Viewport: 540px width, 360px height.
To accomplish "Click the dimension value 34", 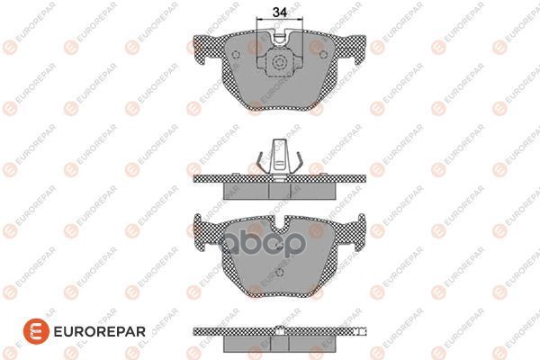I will [x=280, y=13].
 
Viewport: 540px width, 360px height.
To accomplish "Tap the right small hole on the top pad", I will [x=324, y=52].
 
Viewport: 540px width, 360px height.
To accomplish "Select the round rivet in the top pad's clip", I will [x=281, y=64].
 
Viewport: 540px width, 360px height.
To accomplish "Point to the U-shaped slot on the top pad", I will [x=281, y=40].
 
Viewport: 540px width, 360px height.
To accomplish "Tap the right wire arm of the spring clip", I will [x=298, y=161].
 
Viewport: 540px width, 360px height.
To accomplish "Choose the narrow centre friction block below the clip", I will [x=281, y=190].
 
